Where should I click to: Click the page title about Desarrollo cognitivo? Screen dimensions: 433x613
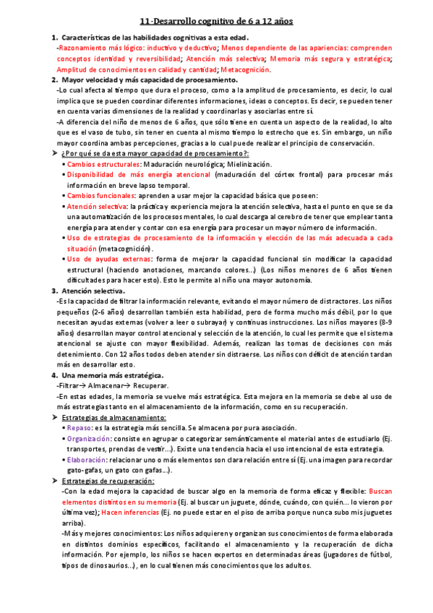[216, 22]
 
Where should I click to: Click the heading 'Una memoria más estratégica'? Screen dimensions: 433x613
[112, 375]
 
